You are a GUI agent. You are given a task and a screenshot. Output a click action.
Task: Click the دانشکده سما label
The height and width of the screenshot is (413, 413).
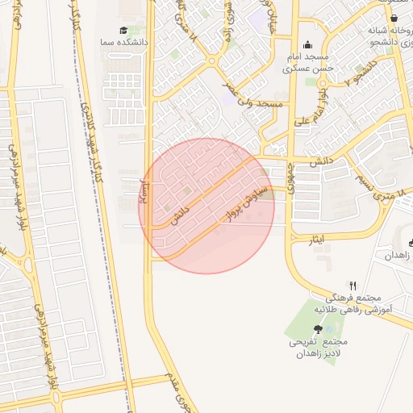(117, 41)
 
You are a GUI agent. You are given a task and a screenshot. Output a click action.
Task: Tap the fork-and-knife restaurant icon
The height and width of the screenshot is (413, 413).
(353, 286)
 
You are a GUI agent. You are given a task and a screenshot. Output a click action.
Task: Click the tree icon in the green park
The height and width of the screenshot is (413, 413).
(318, 329)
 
